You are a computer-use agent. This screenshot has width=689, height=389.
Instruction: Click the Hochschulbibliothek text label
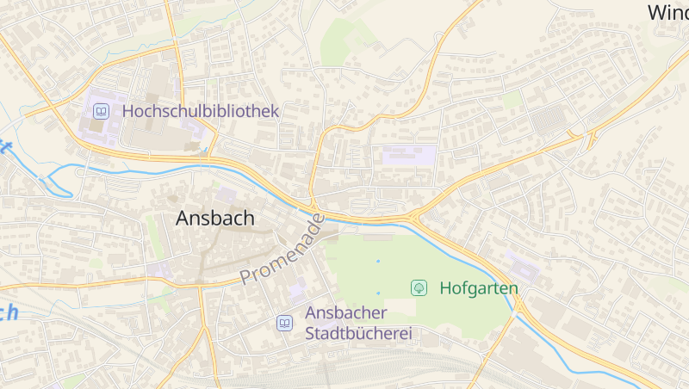pos(201,111)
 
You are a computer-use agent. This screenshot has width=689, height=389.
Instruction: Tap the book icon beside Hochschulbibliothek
pos(102,111)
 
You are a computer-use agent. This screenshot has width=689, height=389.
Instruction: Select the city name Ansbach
pos(215,219)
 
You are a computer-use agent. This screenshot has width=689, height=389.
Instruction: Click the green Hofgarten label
pos(479,287)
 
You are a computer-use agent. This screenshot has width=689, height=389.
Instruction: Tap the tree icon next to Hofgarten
pos(419,287)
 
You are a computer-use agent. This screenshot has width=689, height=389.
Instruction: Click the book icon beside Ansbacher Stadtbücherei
pos(284,323)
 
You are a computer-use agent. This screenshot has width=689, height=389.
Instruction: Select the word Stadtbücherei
pos(359,333)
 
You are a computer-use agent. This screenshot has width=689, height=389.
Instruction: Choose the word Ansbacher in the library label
pos(346,312)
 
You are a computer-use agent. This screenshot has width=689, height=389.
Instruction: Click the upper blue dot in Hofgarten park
pos(377,261)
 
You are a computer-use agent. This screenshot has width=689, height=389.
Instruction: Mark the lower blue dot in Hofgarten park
pos(377,293)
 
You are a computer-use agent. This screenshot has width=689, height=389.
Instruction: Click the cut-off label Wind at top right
pos(667,12)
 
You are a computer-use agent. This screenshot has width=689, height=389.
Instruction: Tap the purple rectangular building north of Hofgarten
pos(409,156)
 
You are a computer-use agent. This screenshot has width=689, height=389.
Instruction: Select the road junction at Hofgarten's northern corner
pos(415,216)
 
